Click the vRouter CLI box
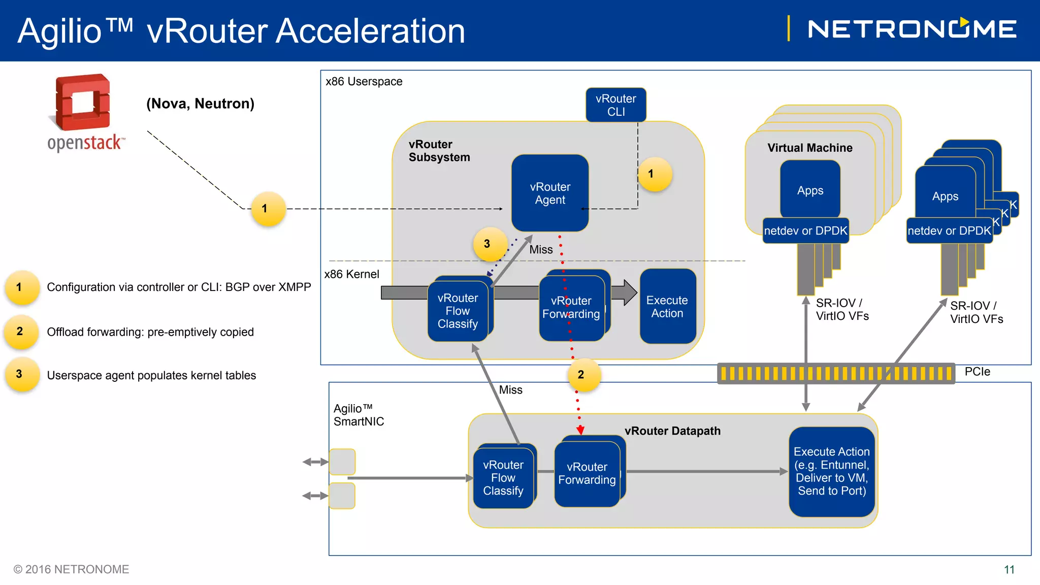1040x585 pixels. pyautogui.click(x=615, y=105)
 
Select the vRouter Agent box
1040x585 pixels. pyautogui.click(x=550, y=193)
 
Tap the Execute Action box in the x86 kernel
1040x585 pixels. pyautogui.click(x=667, y=307)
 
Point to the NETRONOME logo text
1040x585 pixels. pyautogui.click(x=912, y=29)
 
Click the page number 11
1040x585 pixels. pyautogui.click(x=1009, y=570)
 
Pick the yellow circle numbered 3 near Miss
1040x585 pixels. pyautogui.click(x=487, y=244)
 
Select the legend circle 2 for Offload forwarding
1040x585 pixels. pyautogui.click(x=20, y=332)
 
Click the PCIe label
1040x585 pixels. pyautogui.click(x=977, y=372)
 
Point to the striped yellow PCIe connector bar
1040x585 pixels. pyautogui.click(x=836, y=374)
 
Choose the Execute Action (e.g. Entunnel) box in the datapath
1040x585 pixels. pyautogui.click(x=831, y=471)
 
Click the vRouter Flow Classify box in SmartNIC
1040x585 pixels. pyautogui.click(x=503, y=478)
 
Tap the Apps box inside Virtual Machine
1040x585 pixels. pyautogui.click(x=810, y=190)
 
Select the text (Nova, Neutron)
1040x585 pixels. pyautogui.click(x=200, y=104)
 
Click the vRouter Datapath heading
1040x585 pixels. pyautogui.click(x=672, y=431)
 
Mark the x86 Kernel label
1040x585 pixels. pyautogui.click(x=351, y=274)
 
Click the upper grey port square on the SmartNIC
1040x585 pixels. pyautogui.click(x=342, y=462)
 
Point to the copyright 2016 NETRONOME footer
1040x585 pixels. pyautogui.click(x=71, y=569)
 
